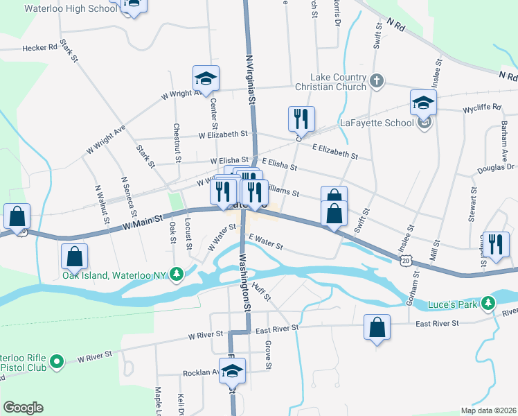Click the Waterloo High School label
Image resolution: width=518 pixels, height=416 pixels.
(x=70, y=9)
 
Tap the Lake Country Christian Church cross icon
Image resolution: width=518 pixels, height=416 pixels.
(x=376, y=81)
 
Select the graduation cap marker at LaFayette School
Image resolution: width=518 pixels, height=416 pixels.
(x=423, y=104)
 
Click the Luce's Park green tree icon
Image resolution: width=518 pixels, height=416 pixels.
(x=490, y=303)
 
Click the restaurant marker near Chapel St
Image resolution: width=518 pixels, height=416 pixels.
(x=497, y=245)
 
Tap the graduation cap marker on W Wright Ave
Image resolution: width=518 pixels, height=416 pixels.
(x=206, y=78)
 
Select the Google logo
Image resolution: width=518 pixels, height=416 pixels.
(x=23, y=408)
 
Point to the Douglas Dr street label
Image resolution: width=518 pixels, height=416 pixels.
(x=496, y=167)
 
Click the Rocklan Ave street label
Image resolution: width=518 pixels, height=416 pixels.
(x=201, y=372)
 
